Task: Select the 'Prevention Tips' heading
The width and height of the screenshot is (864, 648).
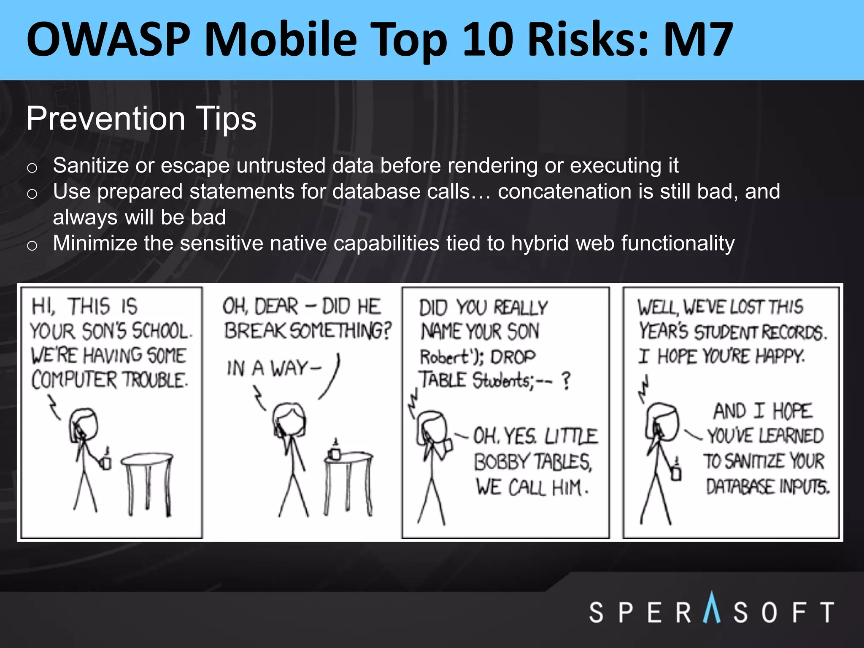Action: [141, 119]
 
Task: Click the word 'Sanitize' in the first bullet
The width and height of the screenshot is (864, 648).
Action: [91, 165]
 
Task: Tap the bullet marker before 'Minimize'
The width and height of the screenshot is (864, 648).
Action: [32, 246]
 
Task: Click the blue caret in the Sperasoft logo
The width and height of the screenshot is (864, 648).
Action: [712, 607]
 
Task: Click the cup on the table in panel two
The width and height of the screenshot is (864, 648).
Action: [335, 452]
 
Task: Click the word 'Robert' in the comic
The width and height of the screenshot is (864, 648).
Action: [444, 358]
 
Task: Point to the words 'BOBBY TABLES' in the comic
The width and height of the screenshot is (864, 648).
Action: [533, 462]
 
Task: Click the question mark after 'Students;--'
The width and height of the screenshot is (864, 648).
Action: [566, 381]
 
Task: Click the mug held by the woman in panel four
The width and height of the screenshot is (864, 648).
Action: [676, 472]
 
